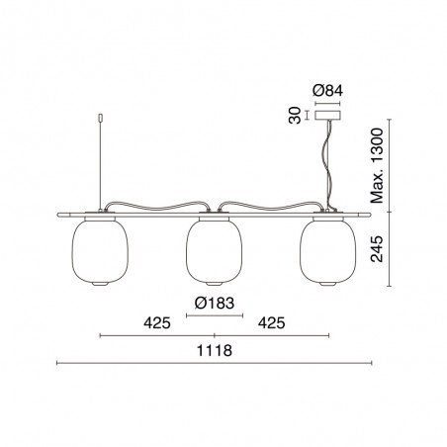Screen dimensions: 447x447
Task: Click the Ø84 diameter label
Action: pos(327,91)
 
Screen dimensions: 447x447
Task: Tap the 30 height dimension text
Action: pos(295,115)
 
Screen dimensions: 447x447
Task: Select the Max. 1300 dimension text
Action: pos(377,165)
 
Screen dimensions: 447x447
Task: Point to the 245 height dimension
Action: pos(377,249)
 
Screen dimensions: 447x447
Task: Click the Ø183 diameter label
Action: pos(215,303)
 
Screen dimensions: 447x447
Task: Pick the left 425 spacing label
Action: pos(157,323)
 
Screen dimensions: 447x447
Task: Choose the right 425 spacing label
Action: pos(271,323)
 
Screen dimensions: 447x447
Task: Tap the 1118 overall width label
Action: pos(215,350)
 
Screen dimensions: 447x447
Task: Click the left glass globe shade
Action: pos(100,251)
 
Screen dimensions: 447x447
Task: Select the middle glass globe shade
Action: pos(215,251)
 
